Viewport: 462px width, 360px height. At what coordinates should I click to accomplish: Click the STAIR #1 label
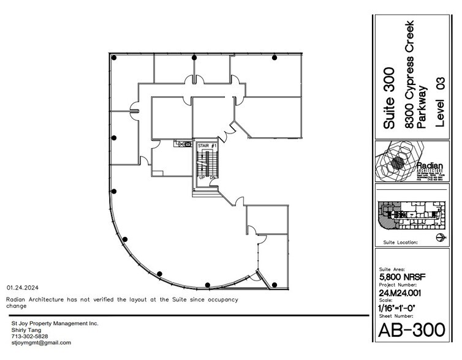[206, 145]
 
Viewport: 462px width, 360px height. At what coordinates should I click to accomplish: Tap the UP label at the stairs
[202, 178]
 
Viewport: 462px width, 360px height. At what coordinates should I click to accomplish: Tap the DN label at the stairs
[211, 178]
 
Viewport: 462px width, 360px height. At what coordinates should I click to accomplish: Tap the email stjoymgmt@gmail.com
[41, 343]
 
